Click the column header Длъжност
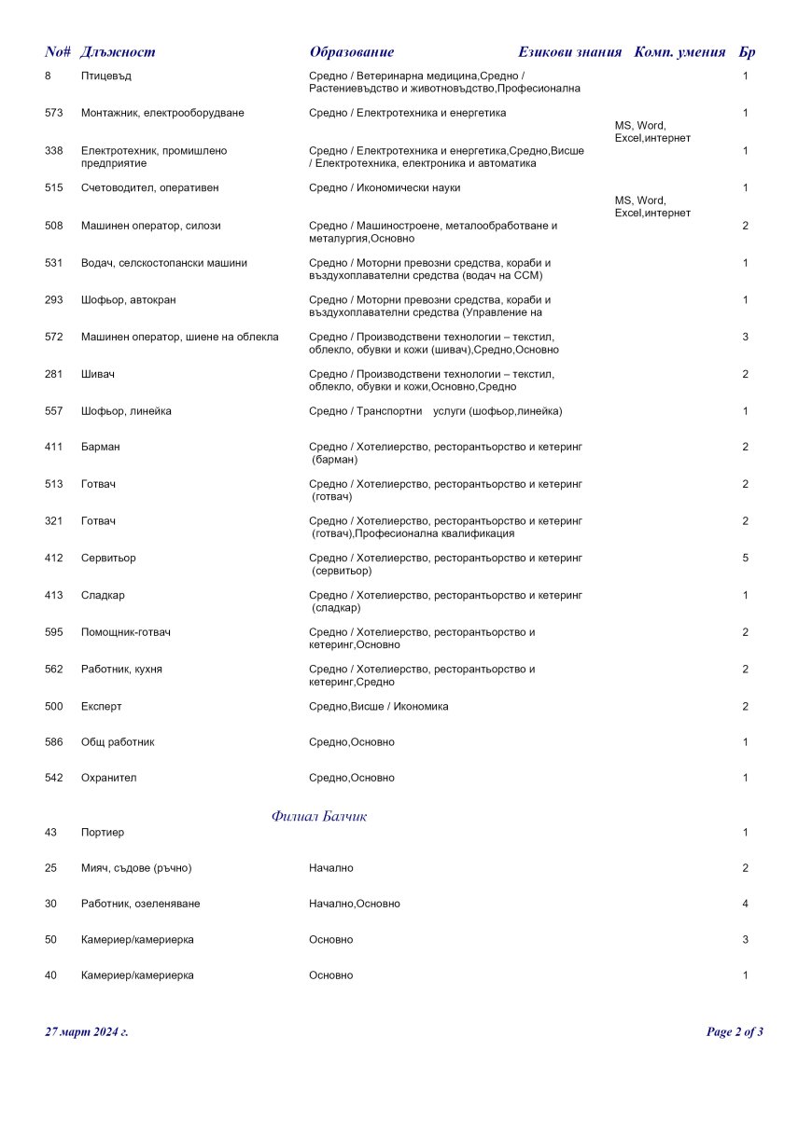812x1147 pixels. (118, 52)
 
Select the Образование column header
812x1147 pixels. (352, 52)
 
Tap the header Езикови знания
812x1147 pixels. (569, 52)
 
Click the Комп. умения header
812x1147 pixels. (679, 52)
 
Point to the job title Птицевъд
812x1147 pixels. (105, 76)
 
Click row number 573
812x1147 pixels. (53, 113)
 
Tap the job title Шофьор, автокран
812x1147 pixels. (128, 300)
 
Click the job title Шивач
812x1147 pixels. (97, 374)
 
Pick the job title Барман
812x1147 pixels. (100, 447)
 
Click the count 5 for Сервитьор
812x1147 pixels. (745, 558)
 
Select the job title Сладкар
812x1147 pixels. (103, 595)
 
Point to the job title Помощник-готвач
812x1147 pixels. (125, 632)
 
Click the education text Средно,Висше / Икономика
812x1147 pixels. (378, 706)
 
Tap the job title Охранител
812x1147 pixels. (108, 778)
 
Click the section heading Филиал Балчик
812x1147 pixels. (319, 816)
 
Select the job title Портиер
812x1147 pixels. (102, 832)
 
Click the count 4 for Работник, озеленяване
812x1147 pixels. (745, 904)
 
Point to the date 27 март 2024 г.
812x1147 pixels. (87, 1031)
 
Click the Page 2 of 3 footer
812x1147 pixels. (735, 1031)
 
